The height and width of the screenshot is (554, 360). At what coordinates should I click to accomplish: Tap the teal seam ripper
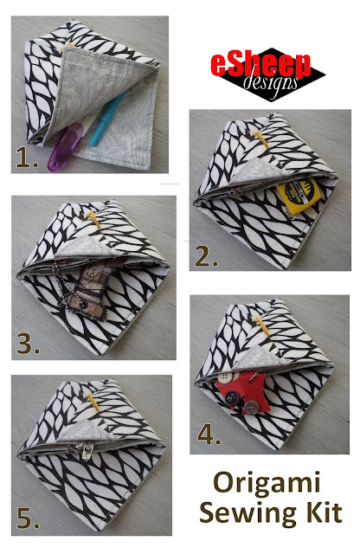pyautogui.click(x=106, y=119)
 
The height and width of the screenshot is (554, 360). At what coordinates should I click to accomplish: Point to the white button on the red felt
pyautogui.click(x=225, y=377)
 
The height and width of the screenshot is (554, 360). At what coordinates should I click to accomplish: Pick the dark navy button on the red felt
pyautogui.click(x=231, y=398)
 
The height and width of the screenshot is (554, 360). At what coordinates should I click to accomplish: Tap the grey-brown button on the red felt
pyautogui.click(x=251, y=408)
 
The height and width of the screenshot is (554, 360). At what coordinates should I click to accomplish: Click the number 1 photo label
pyautogui.click(x=27, y=158)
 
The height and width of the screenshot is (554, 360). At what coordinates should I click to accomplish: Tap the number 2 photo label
pyautogui.click(x=206, y=256)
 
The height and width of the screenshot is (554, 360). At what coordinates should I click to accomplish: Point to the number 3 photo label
pyautogui.click(x=28, y=344)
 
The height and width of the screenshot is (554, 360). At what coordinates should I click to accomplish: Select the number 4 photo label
pyautogui.click(x=209, y=435)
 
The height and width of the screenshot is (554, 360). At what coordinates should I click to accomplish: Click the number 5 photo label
pyautogui.click(x=28, y=519)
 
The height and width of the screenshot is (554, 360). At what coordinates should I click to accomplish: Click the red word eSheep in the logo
pyautogui.click(x=260, y=65)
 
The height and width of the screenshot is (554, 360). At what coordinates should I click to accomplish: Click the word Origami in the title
pyautogui.click(x=267, y=484)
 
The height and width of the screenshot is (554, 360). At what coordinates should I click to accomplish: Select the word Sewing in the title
pyautogui.click(x=247, y=513)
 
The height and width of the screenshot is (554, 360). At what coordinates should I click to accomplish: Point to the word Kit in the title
pyautogui.click(x=323, y=512)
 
